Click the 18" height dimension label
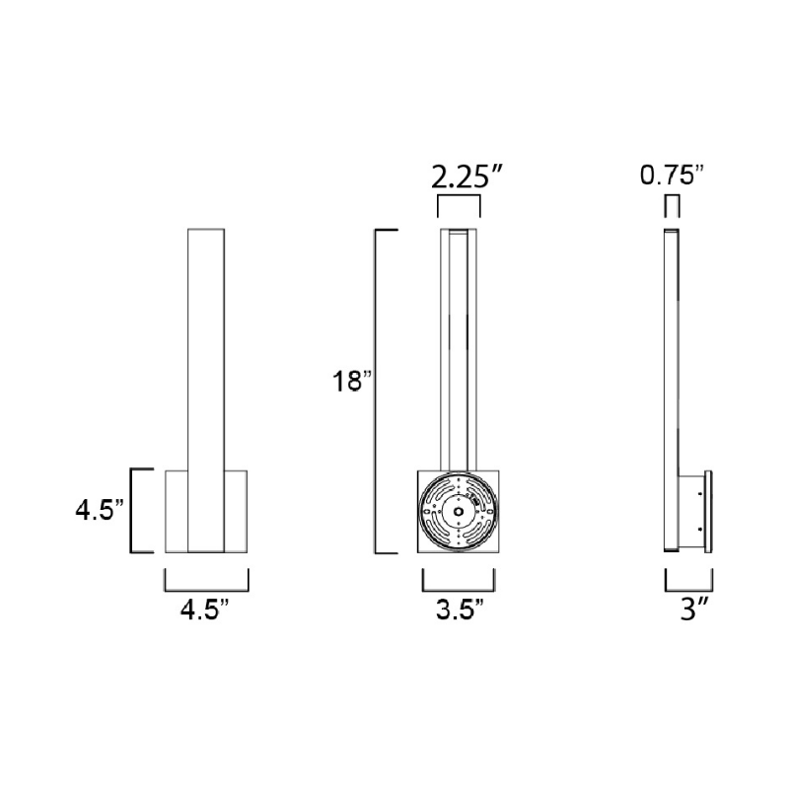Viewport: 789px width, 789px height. (352, 381)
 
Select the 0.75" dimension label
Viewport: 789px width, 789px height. (672, 176)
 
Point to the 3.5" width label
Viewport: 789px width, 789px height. (460, 610)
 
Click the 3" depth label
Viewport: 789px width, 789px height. (695, 610)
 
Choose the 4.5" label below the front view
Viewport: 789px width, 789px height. (205, 610)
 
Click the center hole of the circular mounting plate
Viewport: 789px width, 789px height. (459, 511)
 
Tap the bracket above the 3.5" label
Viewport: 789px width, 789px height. (459, 590)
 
